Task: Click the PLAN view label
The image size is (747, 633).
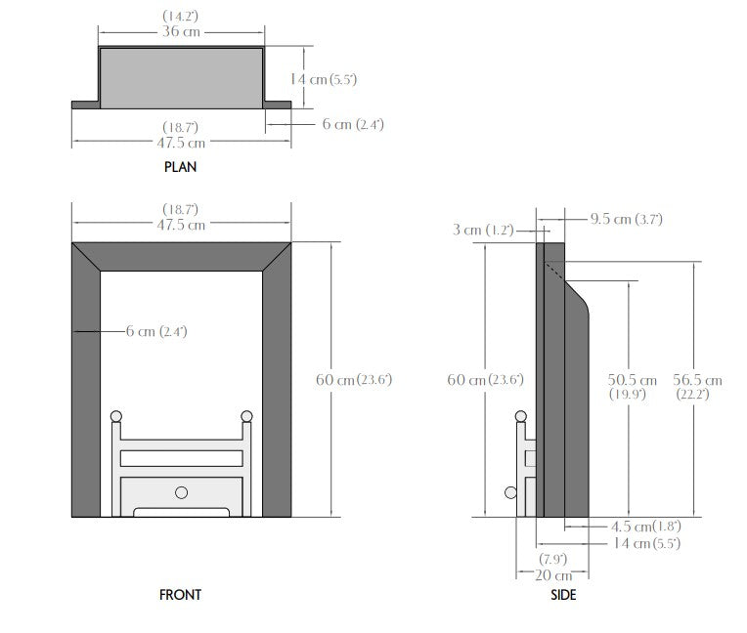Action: [x=180, y=167]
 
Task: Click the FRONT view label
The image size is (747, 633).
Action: [x=180, y=594]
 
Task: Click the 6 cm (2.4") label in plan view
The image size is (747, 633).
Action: [x=353, y=124]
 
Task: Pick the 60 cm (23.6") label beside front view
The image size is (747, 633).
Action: [x=353, y=379]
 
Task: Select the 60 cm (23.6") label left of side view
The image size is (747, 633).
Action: [x=486, y=379]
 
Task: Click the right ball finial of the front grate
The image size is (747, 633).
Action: [x=245, y=417]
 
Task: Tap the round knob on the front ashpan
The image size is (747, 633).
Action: [x=181, y=492]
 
